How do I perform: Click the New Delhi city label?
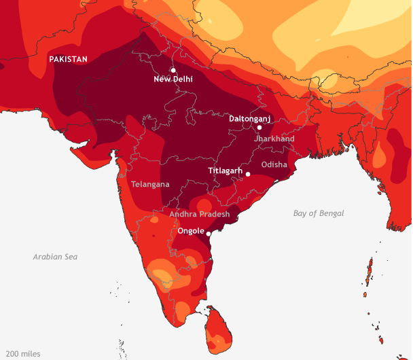click(x=173, y=79)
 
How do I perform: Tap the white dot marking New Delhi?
click(x=173, y=70)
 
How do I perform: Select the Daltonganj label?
click(x=249, y=118)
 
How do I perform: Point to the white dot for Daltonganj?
click(x=259, y=127)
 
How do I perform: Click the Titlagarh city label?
click(x=225, y=171)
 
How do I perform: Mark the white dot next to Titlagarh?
click(x=248, y=174)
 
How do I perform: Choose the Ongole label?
click(x=190, y=231)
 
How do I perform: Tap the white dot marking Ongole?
click(x=209, y=234)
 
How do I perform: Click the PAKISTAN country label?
click(x=68, y=59)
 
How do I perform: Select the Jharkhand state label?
click(x=274, y=139)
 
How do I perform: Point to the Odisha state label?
click(x=274, y=164)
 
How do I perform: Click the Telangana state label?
click(x=150, y=184)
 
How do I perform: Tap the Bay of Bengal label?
click(x=319, y=213)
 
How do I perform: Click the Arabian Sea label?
click(x=55, y=257)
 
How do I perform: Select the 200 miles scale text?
click(x=23, y=354)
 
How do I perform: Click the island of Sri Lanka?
click(x=219, y=327)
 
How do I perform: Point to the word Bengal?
click(x=331, y=213)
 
